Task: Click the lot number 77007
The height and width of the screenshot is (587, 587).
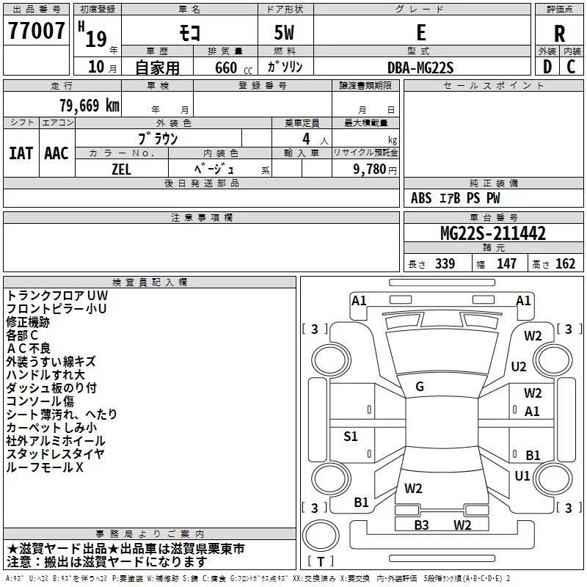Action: [36, 31]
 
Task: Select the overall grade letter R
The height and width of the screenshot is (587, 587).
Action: [559, 34]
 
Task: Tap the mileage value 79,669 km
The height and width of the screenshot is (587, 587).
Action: [90, 105]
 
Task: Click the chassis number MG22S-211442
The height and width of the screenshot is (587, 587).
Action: [493, 233]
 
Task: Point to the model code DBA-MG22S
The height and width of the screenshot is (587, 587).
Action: [420, 68]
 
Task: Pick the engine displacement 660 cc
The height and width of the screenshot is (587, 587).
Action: [233, 68]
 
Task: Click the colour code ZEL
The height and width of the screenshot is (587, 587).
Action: [121, 169]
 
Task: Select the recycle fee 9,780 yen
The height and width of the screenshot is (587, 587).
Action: [374, 169]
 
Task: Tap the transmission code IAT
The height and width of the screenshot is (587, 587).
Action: [21, 153]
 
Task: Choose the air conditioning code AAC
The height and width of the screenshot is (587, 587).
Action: [56, 153]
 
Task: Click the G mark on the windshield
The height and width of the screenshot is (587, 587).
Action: [420, 387]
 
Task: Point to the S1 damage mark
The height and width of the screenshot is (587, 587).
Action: [351, 436]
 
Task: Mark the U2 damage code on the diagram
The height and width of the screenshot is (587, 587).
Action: [519, 366]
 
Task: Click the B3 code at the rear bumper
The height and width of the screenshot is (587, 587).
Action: [421, 525]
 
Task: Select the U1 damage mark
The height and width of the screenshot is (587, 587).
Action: [522, 475]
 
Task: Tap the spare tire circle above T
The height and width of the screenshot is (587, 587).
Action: [321, 536]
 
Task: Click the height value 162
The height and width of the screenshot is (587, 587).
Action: [565, 263]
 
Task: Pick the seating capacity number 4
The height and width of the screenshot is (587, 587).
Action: [306, 139]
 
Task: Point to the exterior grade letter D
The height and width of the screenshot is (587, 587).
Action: [547, 67]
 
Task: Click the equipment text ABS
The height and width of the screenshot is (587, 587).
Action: [421, 197]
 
